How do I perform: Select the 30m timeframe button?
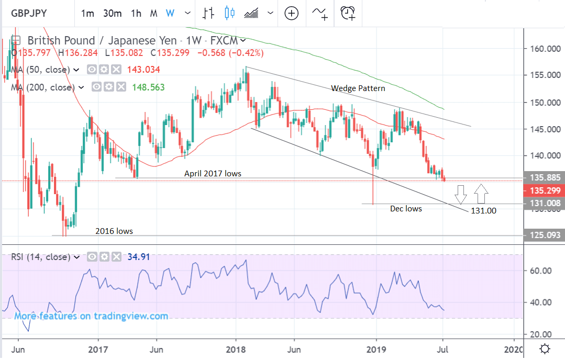(x=112, y=13)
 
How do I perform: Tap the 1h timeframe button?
(x=136, y=13)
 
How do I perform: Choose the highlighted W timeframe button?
(x=170, y=13)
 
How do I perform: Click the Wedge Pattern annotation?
(x=358, y=88)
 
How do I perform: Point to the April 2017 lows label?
(x=213, y=173)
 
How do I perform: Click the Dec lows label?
(x=406, y=208)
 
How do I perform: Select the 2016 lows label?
(x=114, y=231)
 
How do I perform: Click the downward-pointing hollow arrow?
(x=461, y=194)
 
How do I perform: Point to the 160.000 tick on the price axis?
(x=542, y=49)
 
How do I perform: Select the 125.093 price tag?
(x=542, y=235)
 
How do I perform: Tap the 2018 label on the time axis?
(x=235, y=348)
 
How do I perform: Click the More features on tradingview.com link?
(x=91, y=316)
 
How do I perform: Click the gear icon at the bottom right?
(x=545, y=348)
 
